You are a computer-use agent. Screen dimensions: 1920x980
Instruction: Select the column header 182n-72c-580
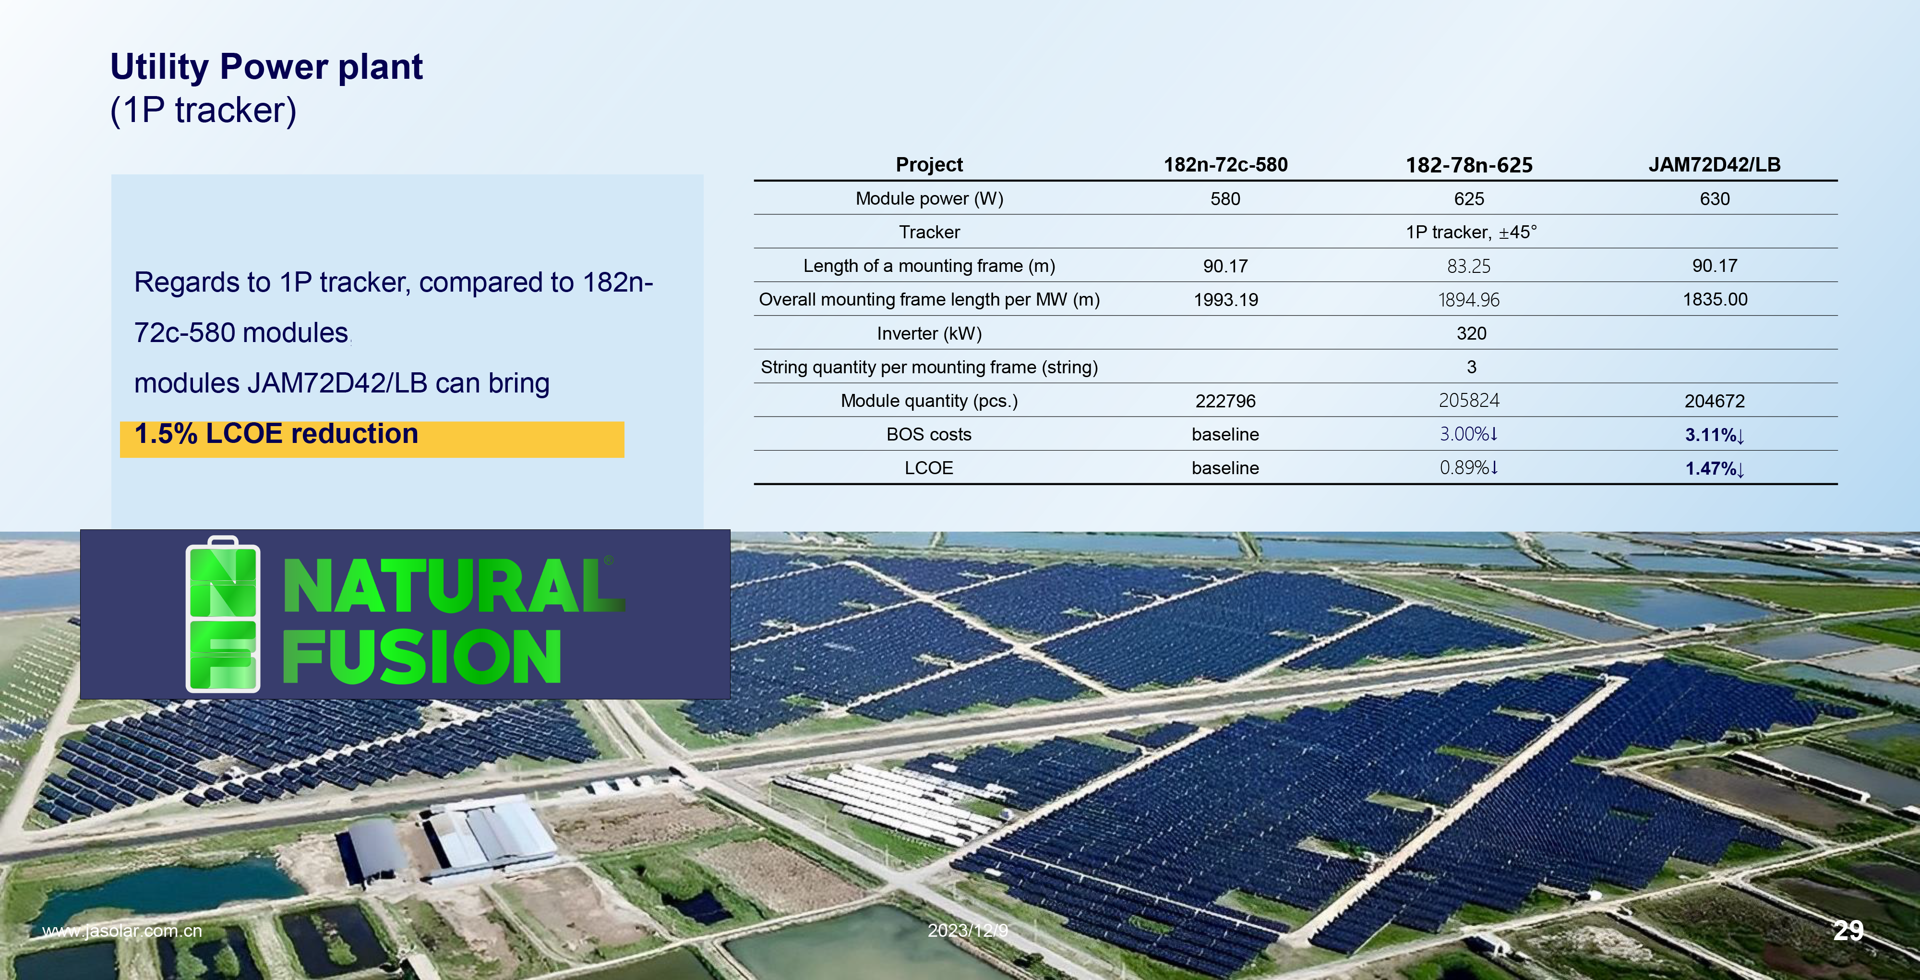point(1225,165)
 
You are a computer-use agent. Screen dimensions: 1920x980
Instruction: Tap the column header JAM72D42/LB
point(1714,165)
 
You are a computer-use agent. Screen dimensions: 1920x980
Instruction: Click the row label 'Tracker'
point(929,233)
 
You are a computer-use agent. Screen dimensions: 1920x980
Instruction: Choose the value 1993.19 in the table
point(1225,300)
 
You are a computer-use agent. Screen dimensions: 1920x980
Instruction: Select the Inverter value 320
point(1471,333)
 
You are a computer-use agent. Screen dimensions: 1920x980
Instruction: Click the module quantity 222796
point(1225,401)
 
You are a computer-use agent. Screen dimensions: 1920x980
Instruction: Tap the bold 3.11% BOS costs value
point(1714,435)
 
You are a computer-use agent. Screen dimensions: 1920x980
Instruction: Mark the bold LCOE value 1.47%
point(1714,468)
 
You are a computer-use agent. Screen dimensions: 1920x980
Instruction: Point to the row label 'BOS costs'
point(929,435)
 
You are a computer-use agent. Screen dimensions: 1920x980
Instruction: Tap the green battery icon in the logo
point(223,614)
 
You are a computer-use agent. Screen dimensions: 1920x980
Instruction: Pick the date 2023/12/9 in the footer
point(968,930)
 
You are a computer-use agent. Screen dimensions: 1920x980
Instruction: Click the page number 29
point(1848,930)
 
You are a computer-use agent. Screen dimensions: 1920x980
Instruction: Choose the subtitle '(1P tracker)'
point(204,110)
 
